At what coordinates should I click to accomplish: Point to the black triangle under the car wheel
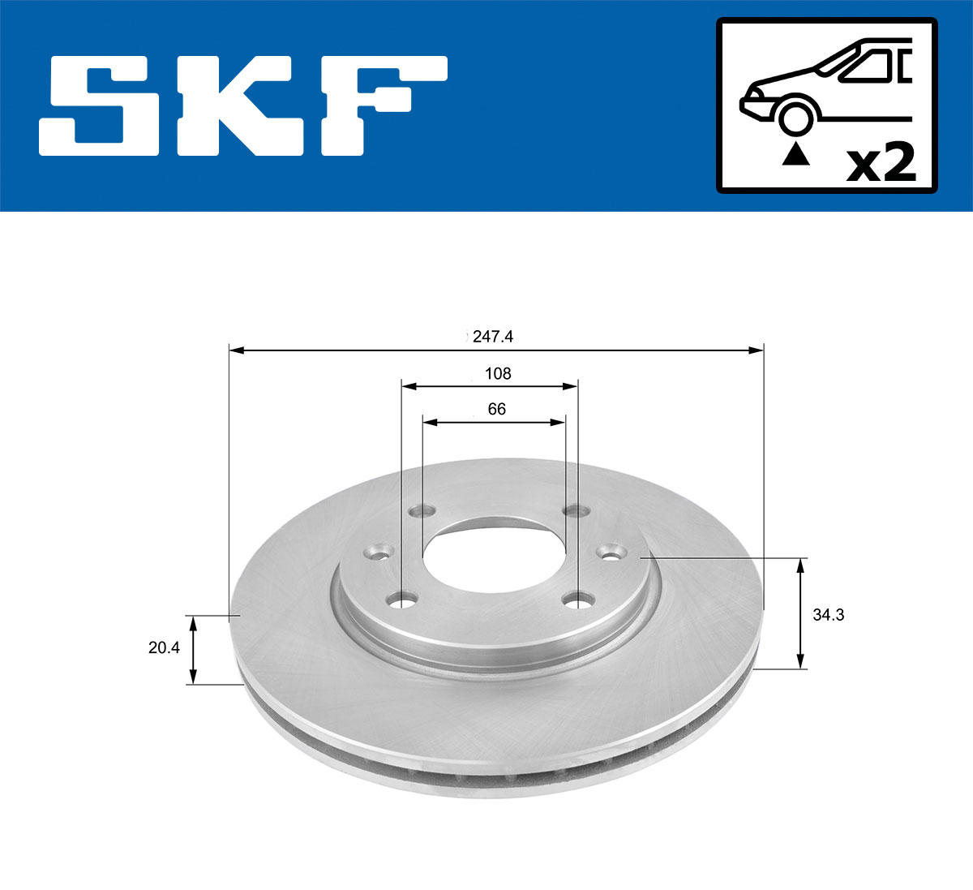795,153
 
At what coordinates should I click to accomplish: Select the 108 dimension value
497,373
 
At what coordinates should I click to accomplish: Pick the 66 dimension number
496,409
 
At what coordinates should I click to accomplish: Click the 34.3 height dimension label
828,615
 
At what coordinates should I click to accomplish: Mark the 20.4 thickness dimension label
164,648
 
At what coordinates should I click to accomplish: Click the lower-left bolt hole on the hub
402,600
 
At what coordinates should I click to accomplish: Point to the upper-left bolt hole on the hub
422,511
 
